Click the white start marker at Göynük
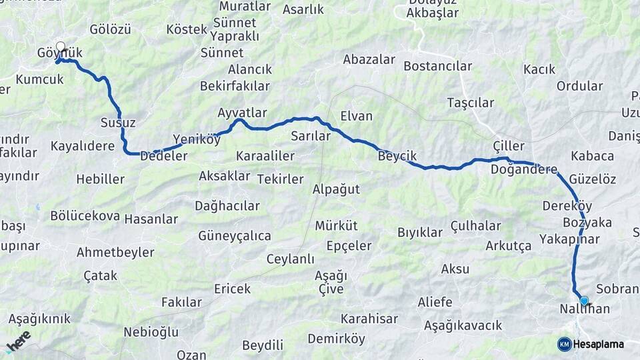(x=61, y=47)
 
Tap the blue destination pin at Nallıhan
(x=584, y=301)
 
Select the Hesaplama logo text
(x=599, y=344)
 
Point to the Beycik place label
(x=397, y=156)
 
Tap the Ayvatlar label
(x=242, y=113)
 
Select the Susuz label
(x=117, y=123)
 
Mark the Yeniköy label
(x=196, y=139)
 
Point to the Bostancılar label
(x=437, y=66)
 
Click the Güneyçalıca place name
(x=234, y=236)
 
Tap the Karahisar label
(x=369, y=318)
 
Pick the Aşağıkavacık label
(x=462, y=325)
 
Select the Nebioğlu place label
(x=151, y=332)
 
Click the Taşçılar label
(x=471, y=103)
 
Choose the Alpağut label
(x=336, y=189)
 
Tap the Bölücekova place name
(x=85, y=216)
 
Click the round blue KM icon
(x=564, y=344)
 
